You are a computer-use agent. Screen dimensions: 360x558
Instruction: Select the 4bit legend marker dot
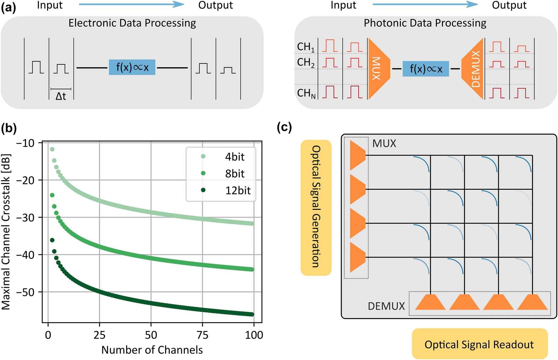click(x=203, y=157)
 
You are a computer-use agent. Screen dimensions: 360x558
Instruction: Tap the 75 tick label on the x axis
click(x=202, y=335)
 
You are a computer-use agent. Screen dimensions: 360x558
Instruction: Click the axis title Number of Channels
click(x=152, y=350)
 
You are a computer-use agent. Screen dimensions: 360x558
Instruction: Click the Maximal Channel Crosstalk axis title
click(x=6, y=232)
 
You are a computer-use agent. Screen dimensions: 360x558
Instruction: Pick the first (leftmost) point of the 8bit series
click(x=52, y=195)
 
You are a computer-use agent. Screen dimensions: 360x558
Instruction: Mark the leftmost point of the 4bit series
click(x=52, y=149)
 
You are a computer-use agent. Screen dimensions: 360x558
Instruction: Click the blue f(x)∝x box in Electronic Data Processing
click(x=132, y=67)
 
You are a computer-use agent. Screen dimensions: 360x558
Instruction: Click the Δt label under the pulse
click(x=61, y=96)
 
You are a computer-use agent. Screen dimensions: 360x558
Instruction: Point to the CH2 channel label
click(x=306, y=63)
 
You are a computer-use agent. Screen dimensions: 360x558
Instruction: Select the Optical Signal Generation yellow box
click(x=316, y=207)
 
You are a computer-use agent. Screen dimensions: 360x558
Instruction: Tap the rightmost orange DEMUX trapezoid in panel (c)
click(x=532, y=302)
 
